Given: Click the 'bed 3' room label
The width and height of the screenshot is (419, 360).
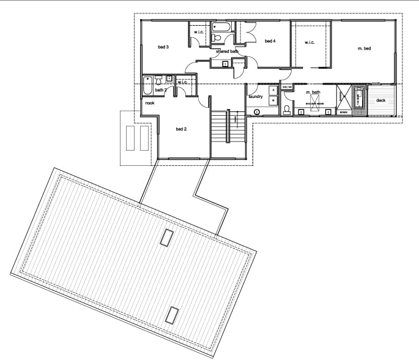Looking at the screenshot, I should [163, 47].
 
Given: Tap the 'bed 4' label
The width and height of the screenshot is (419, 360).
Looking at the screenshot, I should [270, 42].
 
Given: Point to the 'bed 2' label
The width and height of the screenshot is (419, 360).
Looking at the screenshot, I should [181, 129].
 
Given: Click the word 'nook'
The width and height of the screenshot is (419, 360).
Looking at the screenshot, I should [149, 103].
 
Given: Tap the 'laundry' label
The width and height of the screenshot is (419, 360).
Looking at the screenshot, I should [256, 97].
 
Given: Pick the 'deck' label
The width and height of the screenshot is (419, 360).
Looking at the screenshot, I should [380, 100].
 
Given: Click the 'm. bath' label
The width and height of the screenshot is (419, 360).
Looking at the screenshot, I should [313, 92].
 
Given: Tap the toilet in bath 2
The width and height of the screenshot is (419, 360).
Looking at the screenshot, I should [158, 80].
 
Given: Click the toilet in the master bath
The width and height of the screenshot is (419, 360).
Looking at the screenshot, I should [287, 110].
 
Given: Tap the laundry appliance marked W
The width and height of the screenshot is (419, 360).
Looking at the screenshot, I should [273, 100].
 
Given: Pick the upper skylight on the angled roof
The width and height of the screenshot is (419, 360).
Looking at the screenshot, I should [166, 238].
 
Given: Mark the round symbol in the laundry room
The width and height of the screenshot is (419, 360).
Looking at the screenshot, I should [257, 112].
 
